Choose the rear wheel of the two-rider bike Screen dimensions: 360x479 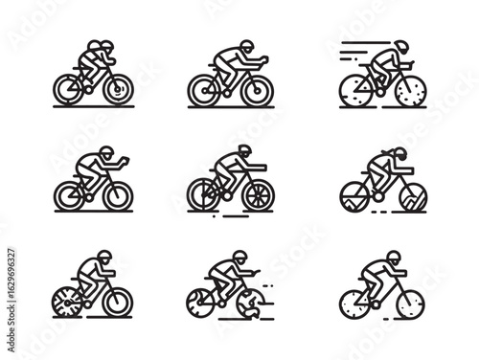tap(70, 88)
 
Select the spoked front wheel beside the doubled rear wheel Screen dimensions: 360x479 tap(258, 194)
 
